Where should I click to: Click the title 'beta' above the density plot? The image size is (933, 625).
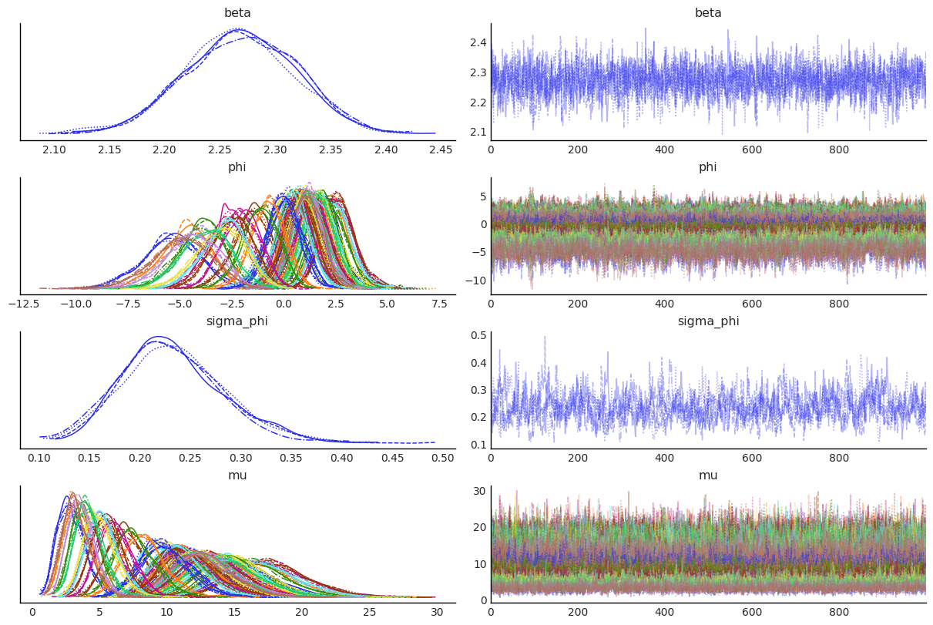237,13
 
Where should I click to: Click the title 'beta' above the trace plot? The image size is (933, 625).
708,13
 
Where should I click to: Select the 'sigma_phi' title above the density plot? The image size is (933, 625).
237,321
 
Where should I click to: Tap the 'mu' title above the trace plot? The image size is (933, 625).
708,475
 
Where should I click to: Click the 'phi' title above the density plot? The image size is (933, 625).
237,167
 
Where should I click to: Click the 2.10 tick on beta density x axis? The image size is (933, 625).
54,150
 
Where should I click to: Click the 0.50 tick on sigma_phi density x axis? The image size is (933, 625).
443,458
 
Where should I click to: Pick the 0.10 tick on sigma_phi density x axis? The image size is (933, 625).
40,458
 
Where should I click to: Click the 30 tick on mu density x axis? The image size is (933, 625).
436,612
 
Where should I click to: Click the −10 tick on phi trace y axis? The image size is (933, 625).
475,280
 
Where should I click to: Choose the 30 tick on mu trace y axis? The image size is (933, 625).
478,491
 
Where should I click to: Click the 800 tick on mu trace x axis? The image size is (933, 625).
839,612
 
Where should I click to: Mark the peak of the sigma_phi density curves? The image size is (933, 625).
159,338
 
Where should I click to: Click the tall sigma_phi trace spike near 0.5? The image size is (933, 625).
545,338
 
